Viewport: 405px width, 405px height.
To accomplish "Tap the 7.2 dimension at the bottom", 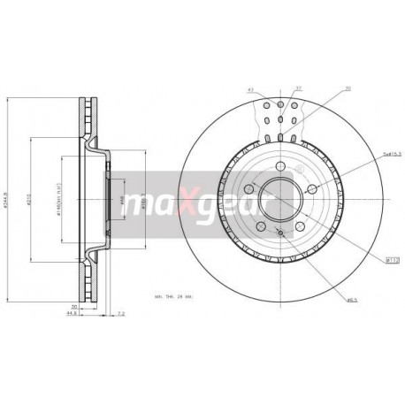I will coord(122,313).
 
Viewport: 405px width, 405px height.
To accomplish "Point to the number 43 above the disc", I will coord(251,88).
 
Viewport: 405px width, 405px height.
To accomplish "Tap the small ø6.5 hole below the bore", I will coord(279,232).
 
